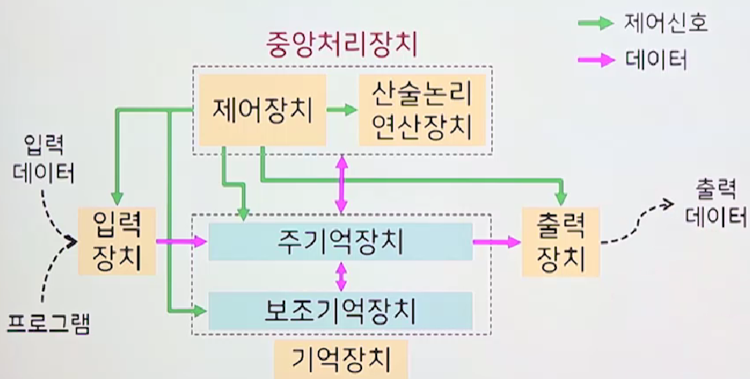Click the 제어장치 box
click(x=262, y=111)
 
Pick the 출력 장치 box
click(x=560, y=240)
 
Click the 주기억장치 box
click(x=340, y=241)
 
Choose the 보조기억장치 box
click(x=340, y=310)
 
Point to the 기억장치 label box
click(x=340, y=360)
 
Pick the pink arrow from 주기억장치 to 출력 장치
click(x=496, y=242)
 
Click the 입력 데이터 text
click(x=44, y=158)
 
